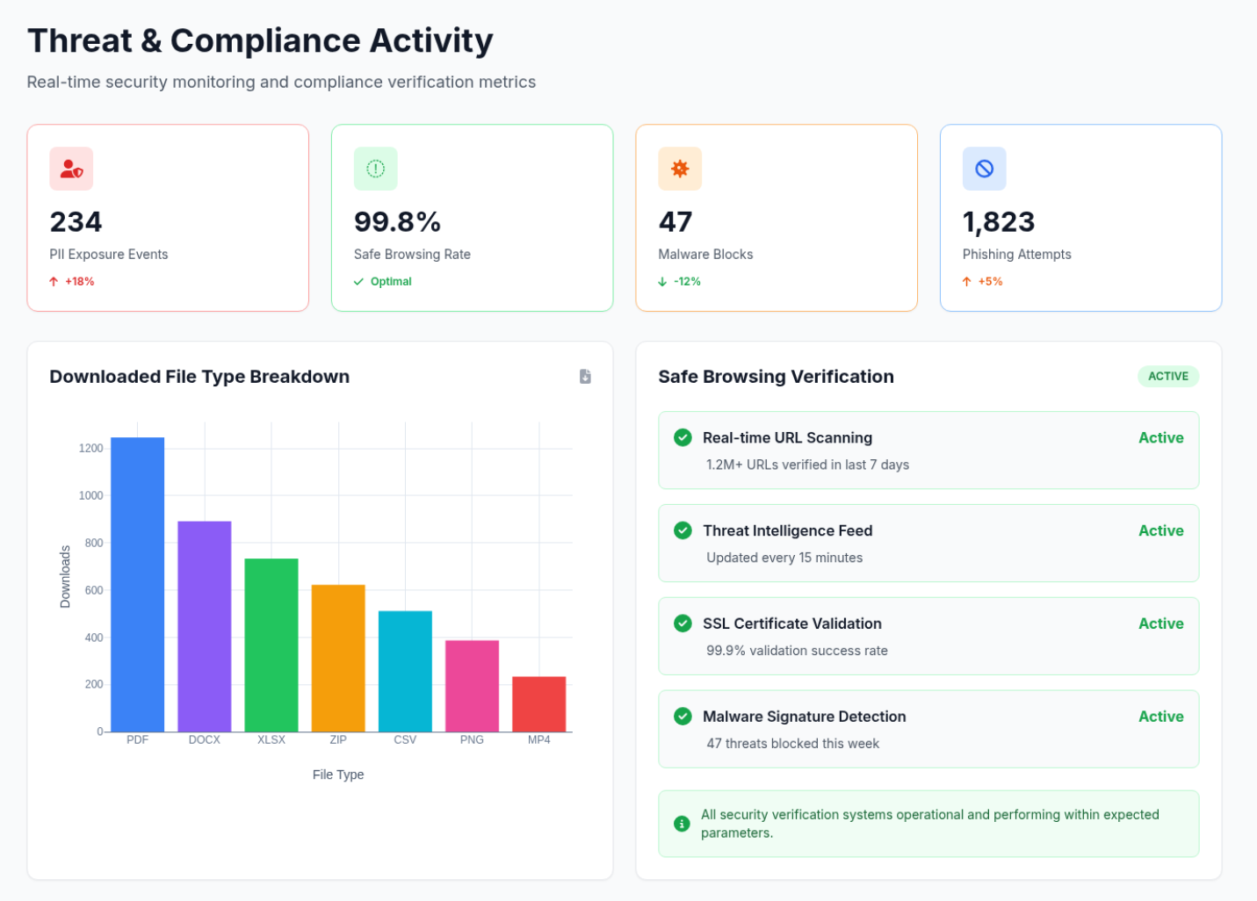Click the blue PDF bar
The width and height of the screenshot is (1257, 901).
point(137,584)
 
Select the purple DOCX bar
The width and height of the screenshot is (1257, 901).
point(205,626)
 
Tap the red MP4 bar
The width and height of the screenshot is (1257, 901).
point(538,703)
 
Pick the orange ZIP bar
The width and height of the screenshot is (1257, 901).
point(338,658)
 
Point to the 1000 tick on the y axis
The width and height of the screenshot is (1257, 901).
point(91,495)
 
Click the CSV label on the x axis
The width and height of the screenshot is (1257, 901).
point(405,739)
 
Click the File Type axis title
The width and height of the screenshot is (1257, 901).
point(338,775)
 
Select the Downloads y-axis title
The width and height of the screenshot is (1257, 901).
point(65,577)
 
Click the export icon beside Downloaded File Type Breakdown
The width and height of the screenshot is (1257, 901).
point(585,377)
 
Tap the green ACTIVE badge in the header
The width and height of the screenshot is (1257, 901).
point(1167,377)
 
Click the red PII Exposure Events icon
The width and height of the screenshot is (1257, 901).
point(71,169)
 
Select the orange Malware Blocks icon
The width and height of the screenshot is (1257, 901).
point(680,169)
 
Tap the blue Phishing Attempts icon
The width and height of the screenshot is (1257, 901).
point(984,169)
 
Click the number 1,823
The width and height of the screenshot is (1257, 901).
point(999,222)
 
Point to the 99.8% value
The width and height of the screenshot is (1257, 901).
point(397,222)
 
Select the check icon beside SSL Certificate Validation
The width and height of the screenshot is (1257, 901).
point(683,623)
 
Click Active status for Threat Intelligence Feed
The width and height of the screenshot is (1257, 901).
point(1160,530)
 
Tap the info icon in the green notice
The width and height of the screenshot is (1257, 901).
point(682,824)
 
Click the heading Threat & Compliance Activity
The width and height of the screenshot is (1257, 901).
point(260,40)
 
